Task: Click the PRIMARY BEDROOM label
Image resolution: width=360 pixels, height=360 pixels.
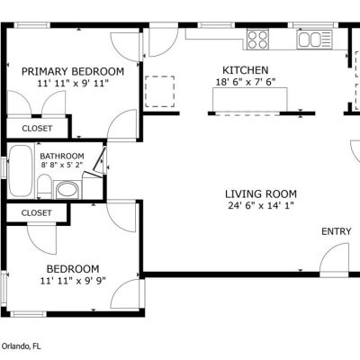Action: [x=73, y=72]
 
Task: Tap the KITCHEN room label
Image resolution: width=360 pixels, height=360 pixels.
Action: [x=246, y=70]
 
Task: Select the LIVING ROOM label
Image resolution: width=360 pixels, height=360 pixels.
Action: [x=261, y=194]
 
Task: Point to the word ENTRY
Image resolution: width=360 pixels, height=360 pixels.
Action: [x=336, y=231]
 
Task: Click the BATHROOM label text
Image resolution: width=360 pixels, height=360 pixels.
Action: [x=62, y=156]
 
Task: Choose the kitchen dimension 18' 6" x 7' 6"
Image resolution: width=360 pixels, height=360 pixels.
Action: [x=246, y=82]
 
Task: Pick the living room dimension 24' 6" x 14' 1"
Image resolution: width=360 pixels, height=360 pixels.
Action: [x=261, y=206]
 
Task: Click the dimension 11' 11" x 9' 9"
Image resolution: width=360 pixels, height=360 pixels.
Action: [x=73, y=281]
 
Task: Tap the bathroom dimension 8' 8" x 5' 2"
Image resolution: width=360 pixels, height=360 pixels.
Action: [x=62, y=165]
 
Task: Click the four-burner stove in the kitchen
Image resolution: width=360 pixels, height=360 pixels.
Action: [x=257, y=40]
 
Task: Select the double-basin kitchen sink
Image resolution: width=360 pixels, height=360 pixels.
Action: [x=314, y=40]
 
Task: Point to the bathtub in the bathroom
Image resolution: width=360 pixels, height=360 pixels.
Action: [x=21, y=171]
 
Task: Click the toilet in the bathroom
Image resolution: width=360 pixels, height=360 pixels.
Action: [x=45, y=186]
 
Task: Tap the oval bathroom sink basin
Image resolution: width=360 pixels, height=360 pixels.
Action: [x=67, y=190]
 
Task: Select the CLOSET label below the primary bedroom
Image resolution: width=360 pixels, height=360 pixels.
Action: [x=37, y=129]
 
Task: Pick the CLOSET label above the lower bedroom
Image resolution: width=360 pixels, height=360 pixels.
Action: [x=36, y=213]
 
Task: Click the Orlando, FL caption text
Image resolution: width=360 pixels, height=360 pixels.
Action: [x=21, y=346]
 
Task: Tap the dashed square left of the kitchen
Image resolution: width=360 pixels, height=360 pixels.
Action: [x=159, y=92]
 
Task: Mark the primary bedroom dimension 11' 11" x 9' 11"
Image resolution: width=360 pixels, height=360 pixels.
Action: [x=73, y=83]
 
